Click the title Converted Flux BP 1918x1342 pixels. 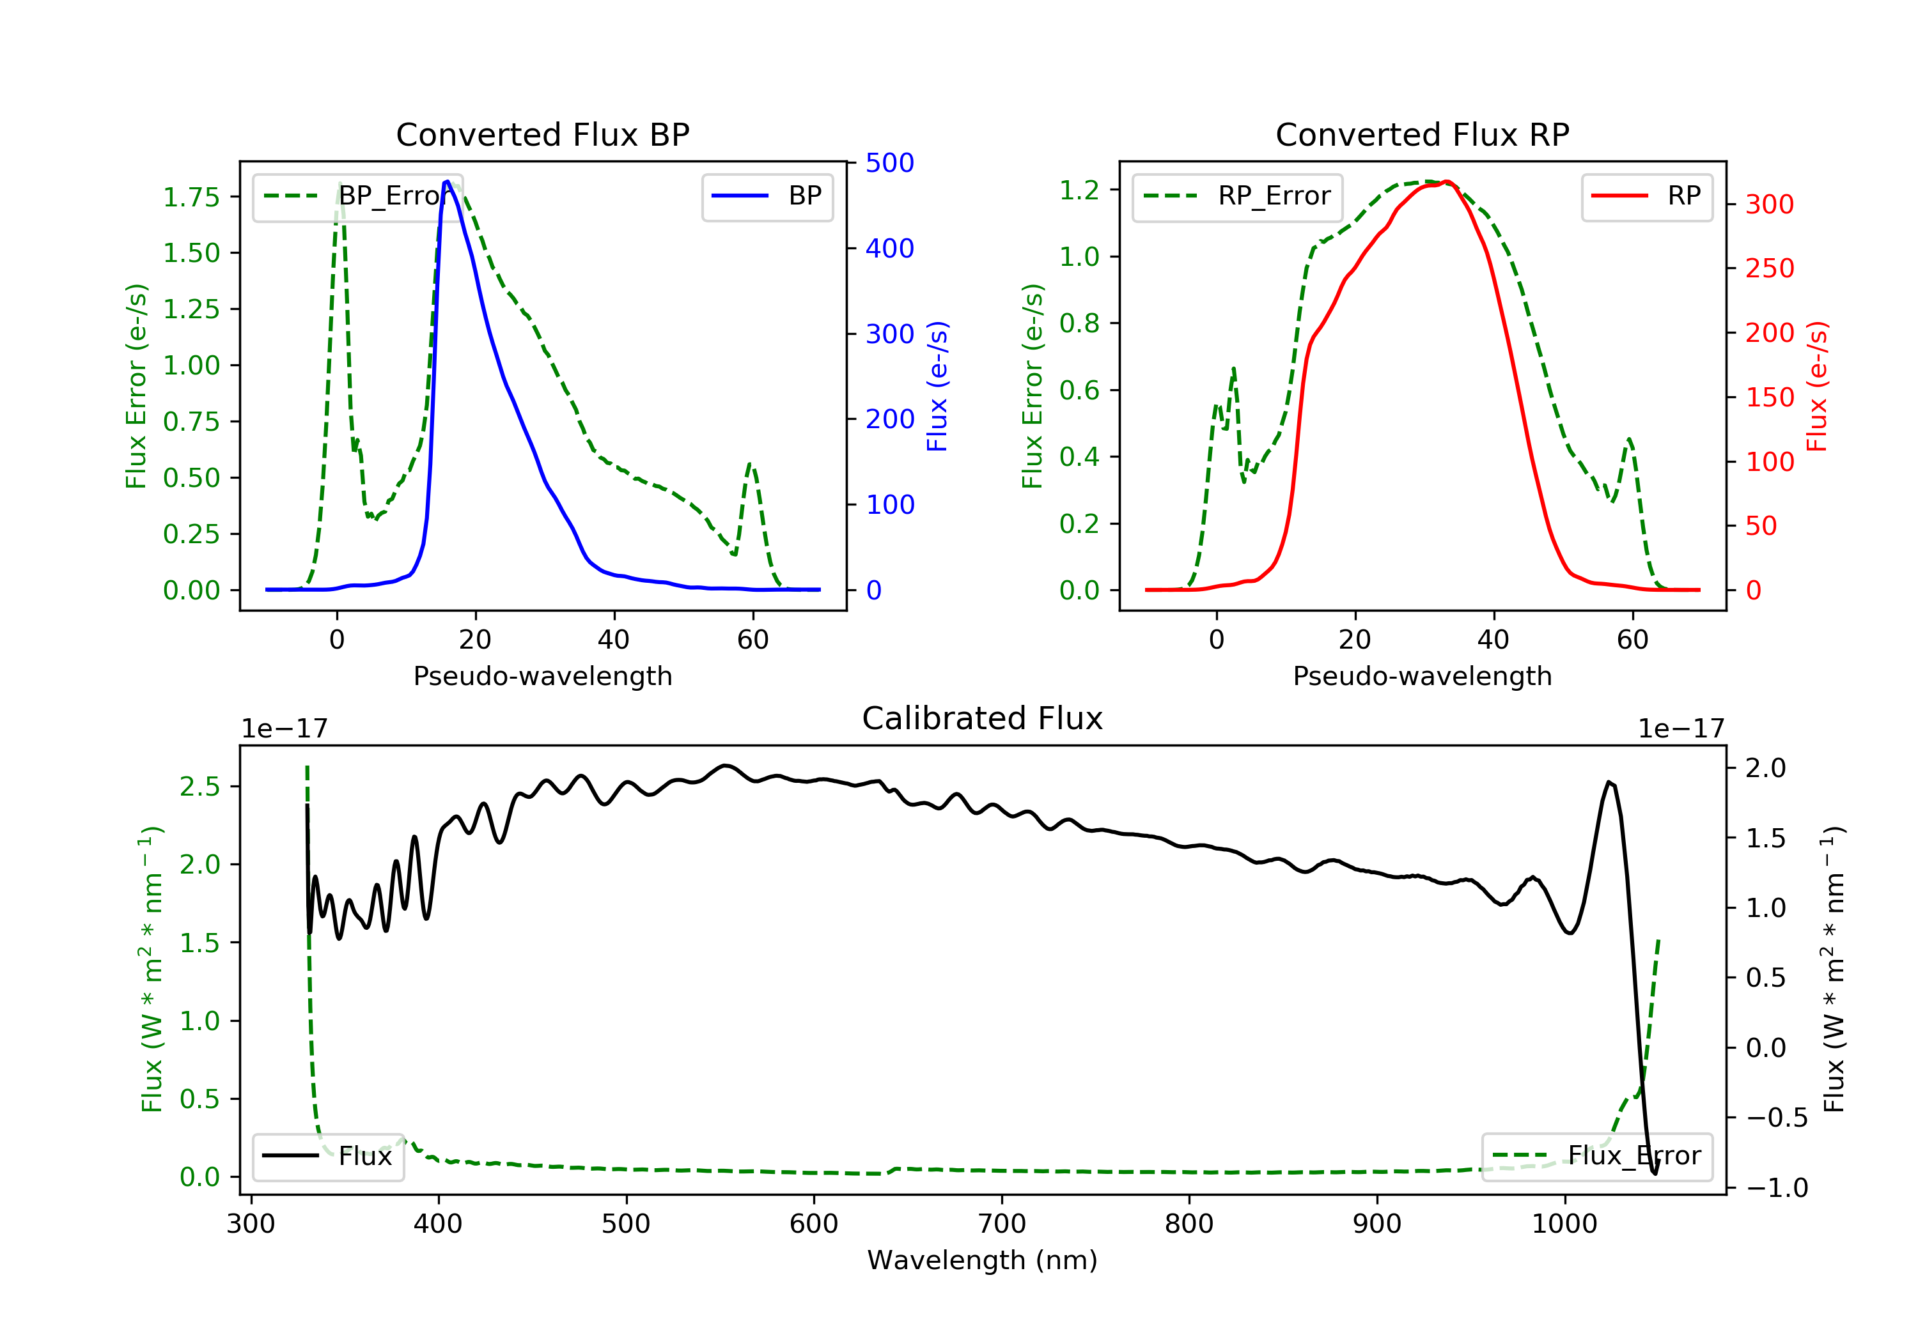pos(542,134)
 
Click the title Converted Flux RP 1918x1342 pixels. pos(1422,134)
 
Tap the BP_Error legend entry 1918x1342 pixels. pos(357,196)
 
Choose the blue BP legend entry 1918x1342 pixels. pos(767,196)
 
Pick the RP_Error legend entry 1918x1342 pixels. pos(1237,196)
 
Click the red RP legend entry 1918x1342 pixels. pos(1646,196)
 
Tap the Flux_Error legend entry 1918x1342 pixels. pos(1596,1156)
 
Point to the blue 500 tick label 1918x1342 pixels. pos(890,163)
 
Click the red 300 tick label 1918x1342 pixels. pos(1769,204)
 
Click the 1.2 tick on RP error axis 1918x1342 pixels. pos(1079,190)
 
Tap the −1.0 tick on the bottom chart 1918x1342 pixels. pos(1776,1187)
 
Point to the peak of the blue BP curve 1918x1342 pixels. pos(447,182)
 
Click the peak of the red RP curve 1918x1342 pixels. pos(1447,181)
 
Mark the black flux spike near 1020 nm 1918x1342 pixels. pos(1609,782)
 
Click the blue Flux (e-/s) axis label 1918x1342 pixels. pos(937,386)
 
